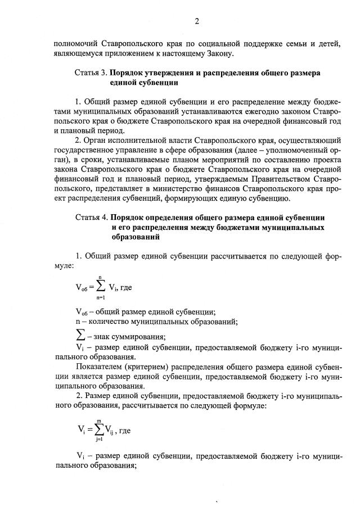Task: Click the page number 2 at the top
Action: click(x=197, y=22)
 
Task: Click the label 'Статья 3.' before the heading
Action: click(x=91, y=73)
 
